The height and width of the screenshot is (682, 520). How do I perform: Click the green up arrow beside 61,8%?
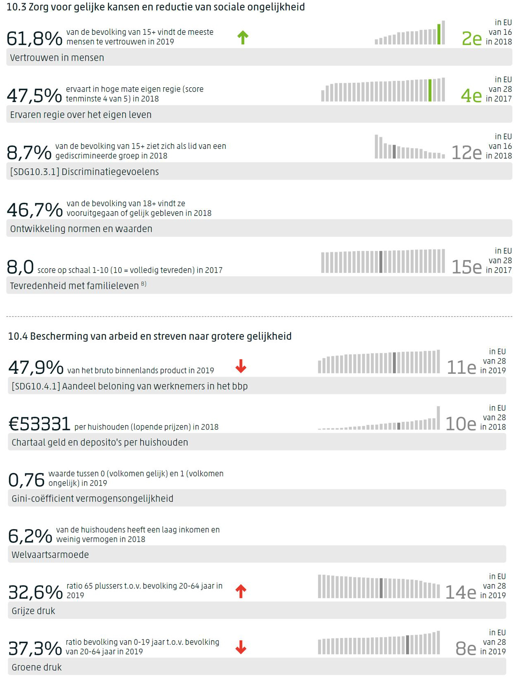click(x=243, y=37)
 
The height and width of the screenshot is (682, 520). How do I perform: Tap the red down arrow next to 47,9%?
click(x=241, y=366)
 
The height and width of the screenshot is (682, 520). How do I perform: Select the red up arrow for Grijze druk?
click(x=241, y=591)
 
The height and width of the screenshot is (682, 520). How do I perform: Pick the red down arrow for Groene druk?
click(x=241, y=647)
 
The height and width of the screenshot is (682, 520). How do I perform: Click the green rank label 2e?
click(x=472, y=39)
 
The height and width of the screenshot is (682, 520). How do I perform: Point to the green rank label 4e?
click(x=471, y=96)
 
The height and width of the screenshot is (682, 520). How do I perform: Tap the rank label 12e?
click(x=466, y=153)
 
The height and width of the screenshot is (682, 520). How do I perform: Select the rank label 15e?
click(x=466, y=267)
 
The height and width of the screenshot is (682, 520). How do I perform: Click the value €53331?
click(x=40, y=424)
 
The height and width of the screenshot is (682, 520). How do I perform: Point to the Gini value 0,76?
click(x=26, y=480)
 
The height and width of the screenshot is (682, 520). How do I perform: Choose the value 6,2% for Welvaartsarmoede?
click(x=30, y=536)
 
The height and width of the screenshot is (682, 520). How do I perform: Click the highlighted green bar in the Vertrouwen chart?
click(x=439, y=34)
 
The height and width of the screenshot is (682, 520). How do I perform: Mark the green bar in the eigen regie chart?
click(x=430, y=91)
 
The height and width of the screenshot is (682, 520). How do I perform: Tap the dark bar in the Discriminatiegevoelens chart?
click(x=394, y=152)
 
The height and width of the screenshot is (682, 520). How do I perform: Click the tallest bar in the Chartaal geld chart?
click(x=438, y=418)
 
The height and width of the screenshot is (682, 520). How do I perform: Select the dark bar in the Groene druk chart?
click(x=407, y=645)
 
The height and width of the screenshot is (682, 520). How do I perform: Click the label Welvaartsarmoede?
click(x=50, y=555)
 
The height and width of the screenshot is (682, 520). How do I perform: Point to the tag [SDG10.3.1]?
click(x=34, y=172)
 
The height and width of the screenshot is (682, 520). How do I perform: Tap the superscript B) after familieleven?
click(x=144, y=284)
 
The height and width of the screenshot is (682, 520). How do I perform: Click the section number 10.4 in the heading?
click(x=18, y=336)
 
